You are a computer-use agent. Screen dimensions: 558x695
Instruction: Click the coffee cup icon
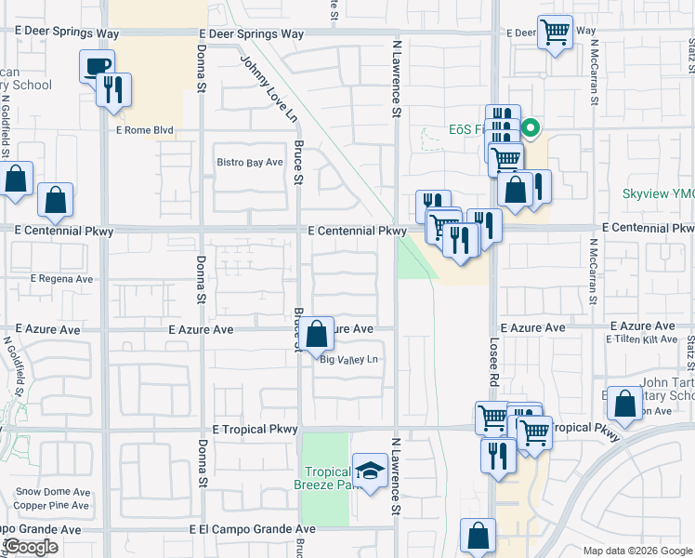[98, 67]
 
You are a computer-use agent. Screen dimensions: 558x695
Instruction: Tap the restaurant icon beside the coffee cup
[113, 90]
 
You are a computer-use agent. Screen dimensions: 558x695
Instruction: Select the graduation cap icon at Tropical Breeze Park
[371, 472]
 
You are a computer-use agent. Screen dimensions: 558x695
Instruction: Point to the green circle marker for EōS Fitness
[531, 129]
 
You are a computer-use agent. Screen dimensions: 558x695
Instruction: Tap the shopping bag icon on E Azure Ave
[317, 333]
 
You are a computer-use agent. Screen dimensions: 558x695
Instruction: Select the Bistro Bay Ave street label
[250, 163]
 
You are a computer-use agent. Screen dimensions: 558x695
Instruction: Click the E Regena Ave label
[62, 279]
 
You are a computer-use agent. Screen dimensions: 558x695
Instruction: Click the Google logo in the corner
[31, 547]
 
